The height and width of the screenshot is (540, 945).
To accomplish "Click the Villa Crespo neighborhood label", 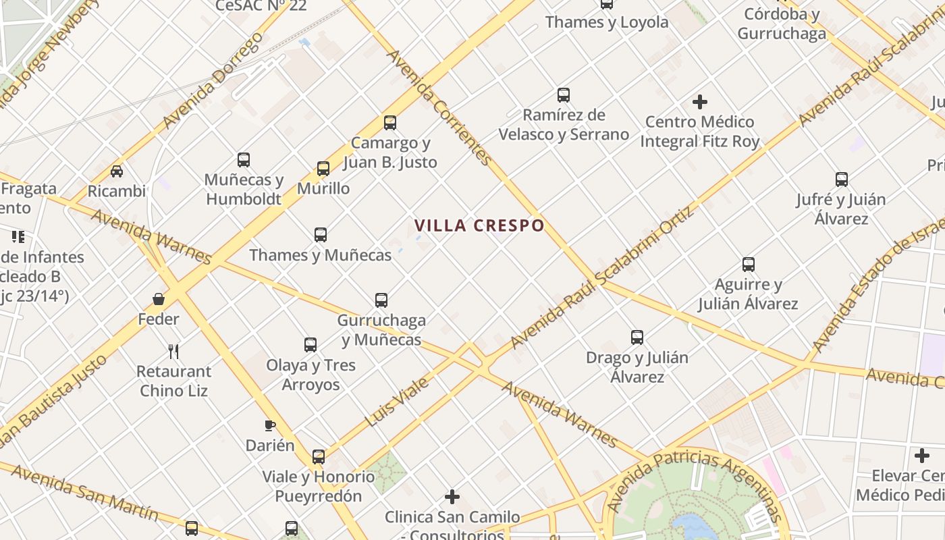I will pos(479,225).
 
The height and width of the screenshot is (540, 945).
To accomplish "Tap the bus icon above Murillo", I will pos(323,169).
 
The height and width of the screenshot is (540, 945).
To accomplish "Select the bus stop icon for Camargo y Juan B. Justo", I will pos(390,123).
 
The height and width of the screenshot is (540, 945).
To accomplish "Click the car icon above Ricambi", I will pos(117,171).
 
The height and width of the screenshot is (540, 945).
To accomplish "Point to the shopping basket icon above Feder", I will pos(159,299).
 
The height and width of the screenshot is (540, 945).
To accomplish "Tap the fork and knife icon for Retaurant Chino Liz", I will pos(173,351).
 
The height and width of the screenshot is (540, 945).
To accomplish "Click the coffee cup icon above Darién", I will pos(270,425).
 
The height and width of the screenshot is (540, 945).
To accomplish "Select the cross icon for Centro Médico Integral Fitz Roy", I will pos(700,102).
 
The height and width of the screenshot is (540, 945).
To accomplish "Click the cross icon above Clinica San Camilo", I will pos(452,497).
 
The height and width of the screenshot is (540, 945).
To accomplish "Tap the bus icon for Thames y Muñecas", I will pos(321,235).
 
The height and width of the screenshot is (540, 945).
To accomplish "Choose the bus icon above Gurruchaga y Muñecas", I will pos(381,300).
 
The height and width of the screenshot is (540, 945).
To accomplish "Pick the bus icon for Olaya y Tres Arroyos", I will pos(310,345).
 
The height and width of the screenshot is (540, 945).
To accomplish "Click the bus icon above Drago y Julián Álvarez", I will pos(637,337).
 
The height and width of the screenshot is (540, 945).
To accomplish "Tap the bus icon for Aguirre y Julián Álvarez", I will pos(749,264).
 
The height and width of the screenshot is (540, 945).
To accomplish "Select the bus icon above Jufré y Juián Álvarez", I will pos(842,180).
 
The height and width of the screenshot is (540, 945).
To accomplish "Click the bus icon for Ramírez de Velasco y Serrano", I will pos(564,95).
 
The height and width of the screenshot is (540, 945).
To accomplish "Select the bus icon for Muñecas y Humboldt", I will pos(244,160).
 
